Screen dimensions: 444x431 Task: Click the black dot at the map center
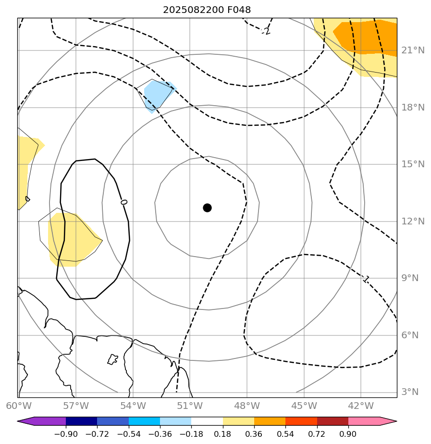point(207,208)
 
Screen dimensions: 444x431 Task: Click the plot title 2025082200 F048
point(207,10)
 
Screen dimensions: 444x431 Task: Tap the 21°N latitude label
point(413,50)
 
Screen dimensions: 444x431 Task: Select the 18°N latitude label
point(413,107)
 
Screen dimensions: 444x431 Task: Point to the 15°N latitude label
point(413,164)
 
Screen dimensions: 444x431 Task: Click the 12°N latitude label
point(413,221)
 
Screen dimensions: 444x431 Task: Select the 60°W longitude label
point(18,406)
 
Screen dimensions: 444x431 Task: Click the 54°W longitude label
point(133,406)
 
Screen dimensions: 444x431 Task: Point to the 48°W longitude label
point(246,406)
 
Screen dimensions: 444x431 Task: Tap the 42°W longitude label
point(360,406)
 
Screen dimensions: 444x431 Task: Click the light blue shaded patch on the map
point(157,95)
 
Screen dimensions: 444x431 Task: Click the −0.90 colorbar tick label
point(66,434)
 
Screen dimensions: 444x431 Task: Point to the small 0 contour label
point(124,202)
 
